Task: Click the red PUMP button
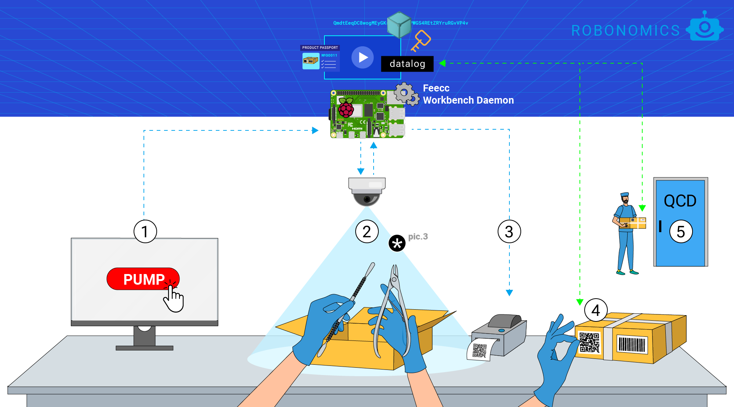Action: tap(143, 279)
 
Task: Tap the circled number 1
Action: tap(145, 231)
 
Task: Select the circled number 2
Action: tap(367, 231)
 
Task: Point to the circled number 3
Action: tap(509, 231)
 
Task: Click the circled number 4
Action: tap(596, 310)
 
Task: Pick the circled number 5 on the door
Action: tap(681, 231)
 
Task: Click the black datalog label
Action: tap(407, 64)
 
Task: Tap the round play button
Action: tap(363, 57)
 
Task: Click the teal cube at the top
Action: tap(399, 24)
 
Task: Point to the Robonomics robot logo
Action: tap(705, 28)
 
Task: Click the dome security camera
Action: tap(367, 191)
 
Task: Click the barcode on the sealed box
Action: tap(632, 345)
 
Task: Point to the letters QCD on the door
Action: tap(680, 201)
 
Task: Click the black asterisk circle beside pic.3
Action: tap(397, 243)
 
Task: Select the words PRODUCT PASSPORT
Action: tap(320, 48)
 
